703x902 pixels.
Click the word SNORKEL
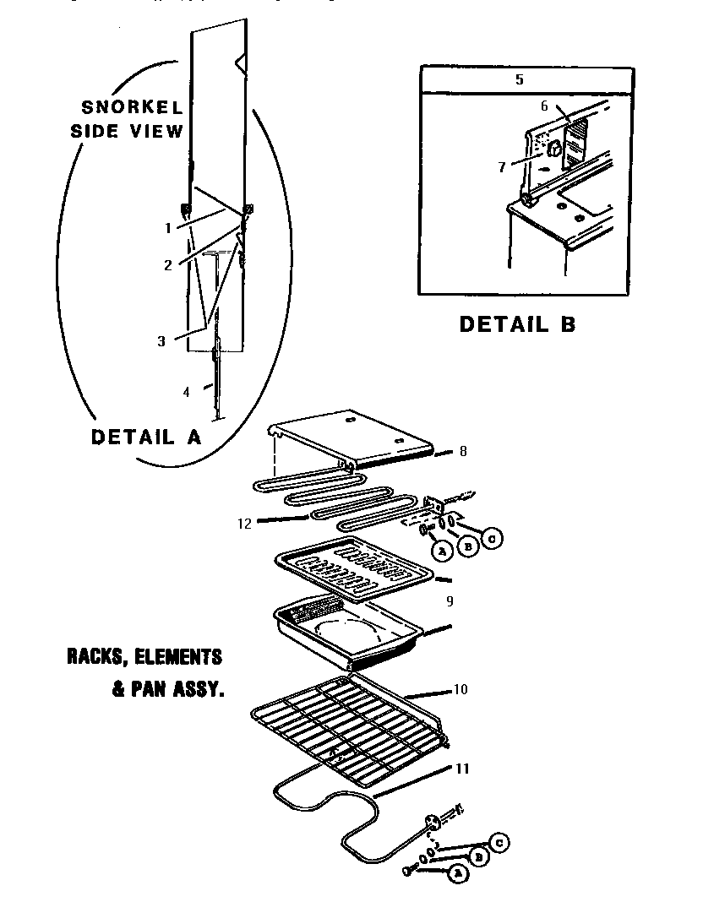tap(132, 107)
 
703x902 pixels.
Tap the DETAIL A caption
tap(145, 437)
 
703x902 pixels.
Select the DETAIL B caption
tap(517, 324)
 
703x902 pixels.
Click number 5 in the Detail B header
tap(519, 79)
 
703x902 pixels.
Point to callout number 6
tap(544, 106)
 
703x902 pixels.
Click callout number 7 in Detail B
tap(501, 167)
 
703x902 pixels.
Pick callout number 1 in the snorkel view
tap(168, 228)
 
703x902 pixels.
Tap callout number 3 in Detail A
tap(161, 341)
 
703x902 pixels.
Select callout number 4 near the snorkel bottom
tap(186, 391)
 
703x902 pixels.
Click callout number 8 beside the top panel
tap(462, 452)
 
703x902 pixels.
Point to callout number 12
tap(244, 523)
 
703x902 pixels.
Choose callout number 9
tap(450, 601)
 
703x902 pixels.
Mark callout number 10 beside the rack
tap(460, 689)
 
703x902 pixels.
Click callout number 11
tap(462, 769)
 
